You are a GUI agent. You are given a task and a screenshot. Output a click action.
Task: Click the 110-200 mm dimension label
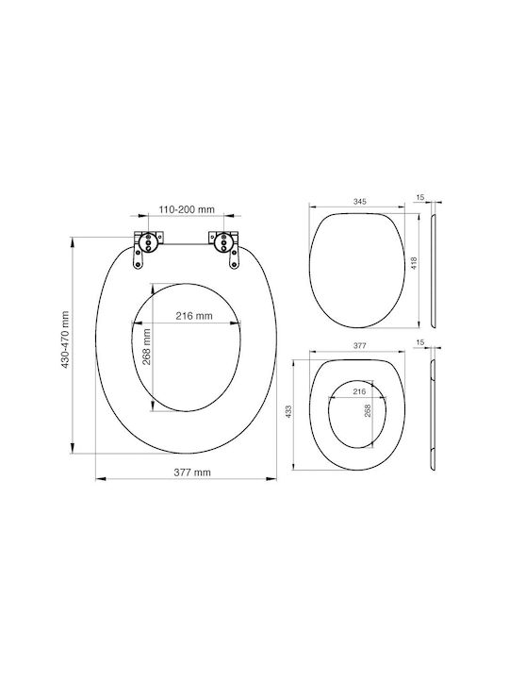coord(187,209)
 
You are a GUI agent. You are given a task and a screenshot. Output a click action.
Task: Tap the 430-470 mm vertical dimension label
coord(65,339)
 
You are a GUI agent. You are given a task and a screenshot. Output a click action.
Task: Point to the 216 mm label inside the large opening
coord(194,316)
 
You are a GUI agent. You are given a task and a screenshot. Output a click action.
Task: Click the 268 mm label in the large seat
coord(147,347)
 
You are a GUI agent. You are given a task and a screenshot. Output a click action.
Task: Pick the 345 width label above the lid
coord(360,202)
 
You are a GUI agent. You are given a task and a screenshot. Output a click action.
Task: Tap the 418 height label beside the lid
coord(414,263)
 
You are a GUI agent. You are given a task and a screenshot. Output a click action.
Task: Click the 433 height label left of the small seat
coord(289,411)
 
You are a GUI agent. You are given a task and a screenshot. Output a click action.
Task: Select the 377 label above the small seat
coord(360,345)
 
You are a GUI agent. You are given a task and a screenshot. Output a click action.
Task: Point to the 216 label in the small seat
coord(359,392)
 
